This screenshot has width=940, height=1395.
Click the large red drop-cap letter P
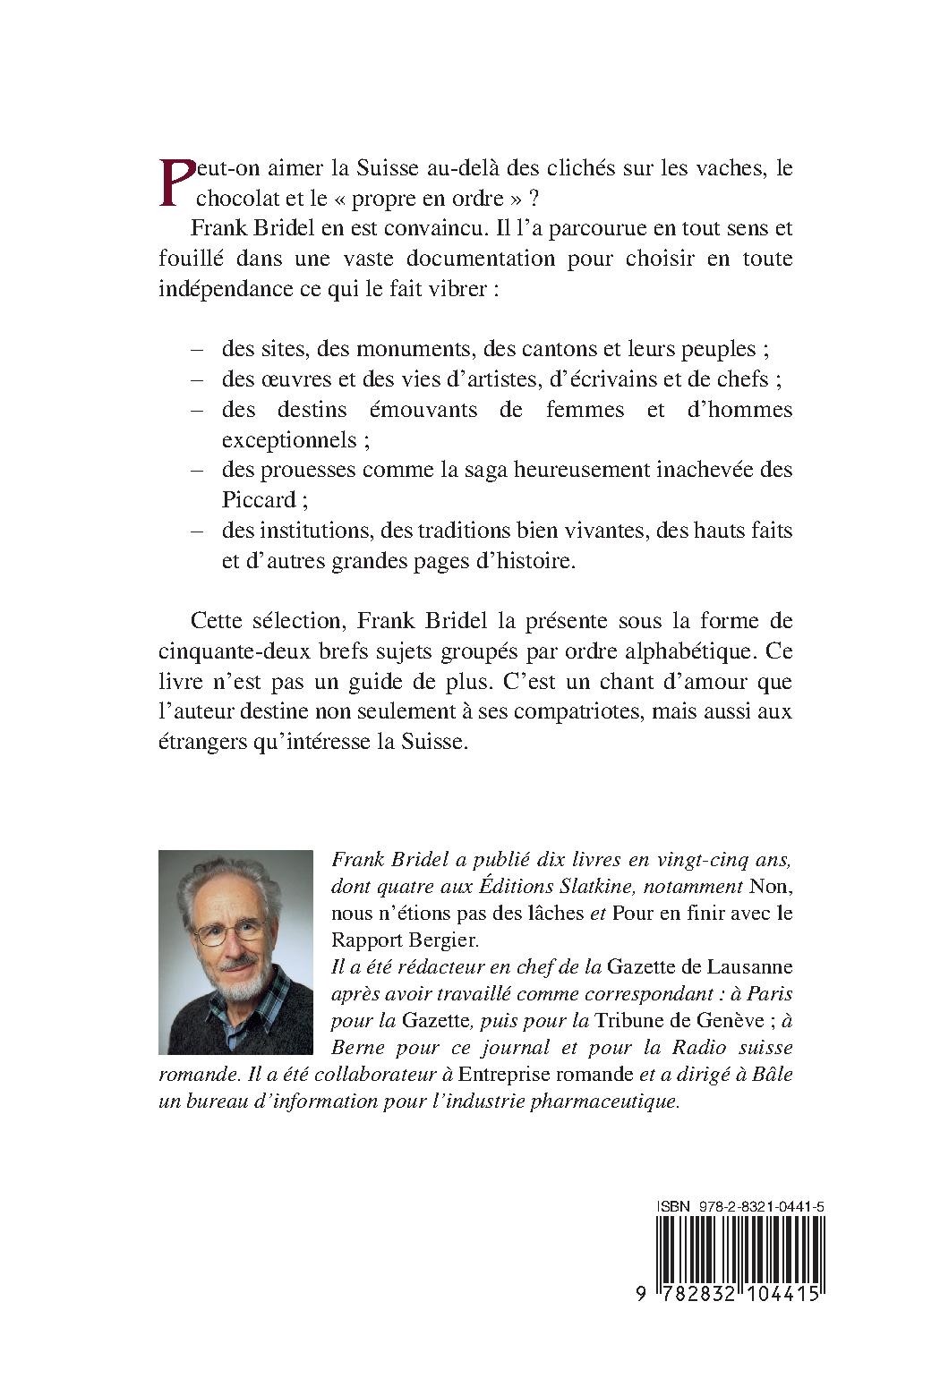[x=175, y=181]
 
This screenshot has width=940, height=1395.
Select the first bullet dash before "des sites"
[x=199, y=348]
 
